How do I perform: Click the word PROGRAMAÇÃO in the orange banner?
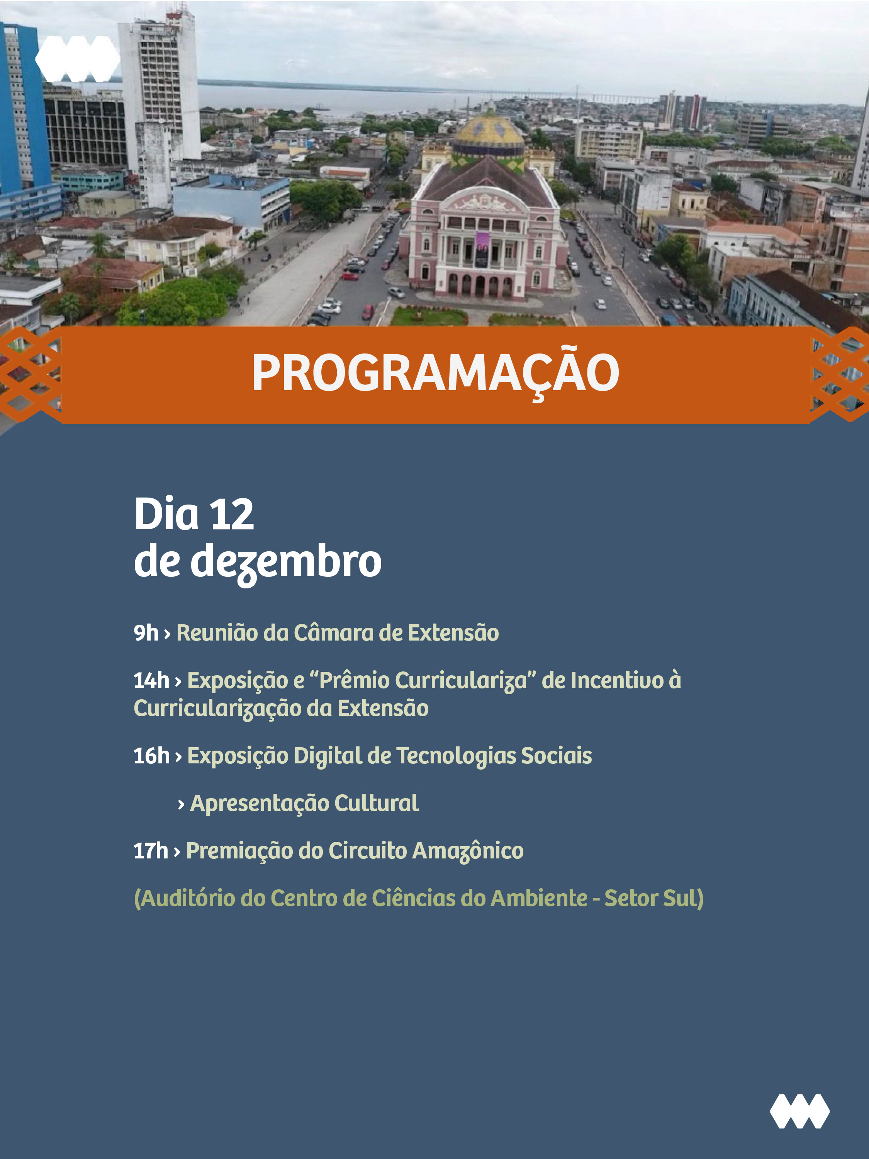(x=435, y=374)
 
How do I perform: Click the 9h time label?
(x=146, y=633)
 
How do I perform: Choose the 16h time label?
(x=151, y=756)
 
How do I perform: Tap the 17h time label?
(x=151, y=851)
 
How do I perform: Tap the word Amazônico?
(x=468, y=851)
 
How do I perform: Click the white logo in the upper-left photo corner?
(x=78, y=59)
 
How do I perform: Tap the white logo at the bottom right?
(x=799, y=1111)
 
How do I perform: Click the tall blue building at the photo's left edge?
(x=24, y=113)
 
